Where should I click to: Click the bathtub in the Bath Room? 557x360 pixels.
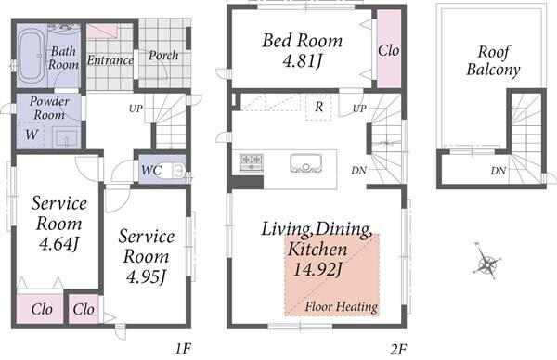pyautogui.click(x=32, y=55)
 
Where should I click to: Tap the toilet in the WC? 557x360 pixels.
pyautogui.click(x=178, y=170)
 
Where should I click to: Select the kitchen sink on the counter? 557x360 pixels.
pyautogui.click(x=305, y=163)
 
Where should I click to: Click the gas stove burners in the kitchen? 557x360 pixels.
pyautogui.click(x=252, y=161)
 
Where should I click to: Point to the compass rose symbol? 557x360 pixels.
pyautogui.click(x=487, y=263)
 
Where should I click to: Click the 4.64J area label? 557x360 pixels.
pyautogui.click(x=58, y=244)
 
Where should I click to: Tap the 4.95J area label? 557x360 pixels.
pyautogui.click(x=146, y=276)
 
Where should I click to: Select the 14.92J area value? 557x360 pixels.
pyautogui.click(x=317, y=269)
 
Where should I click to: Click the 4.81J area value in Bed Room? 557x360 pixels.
pyautogui.click(x=303, y=60)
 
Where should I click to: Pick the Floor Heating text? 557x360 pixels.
pyautogui.click(x=341, y=306)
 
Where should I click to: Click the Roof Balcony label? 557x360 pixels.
pyautogui.click(x=493, y=60)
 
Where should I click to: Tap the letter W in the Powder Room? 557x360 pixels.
pyautogui.click(x=32, y=135)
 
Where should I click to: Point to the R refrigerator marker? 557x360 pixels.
pyautogui.click(x=318, y=107)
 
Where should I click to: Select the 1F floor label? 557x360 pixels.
pyautogui.click(x=183, y=349)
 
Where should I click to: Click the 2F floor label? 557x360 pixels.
pyautogui.click(x=397, y=350)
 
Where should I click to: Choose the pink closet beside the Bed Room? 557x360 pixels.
pyautogui.click(x=389, y=48)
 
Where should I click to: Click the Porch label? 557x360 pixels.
pyautogui.click(x=163, y=56)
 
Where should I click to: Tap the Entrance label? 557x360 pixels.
pyautogui.click(x=110, y=60)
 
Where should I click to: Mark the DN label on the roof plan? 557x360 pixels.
pyautogui.click(x=499, y=171)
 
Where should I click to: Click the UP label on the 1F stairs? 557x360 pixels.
pyautogui.click(x=136, y=109)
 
